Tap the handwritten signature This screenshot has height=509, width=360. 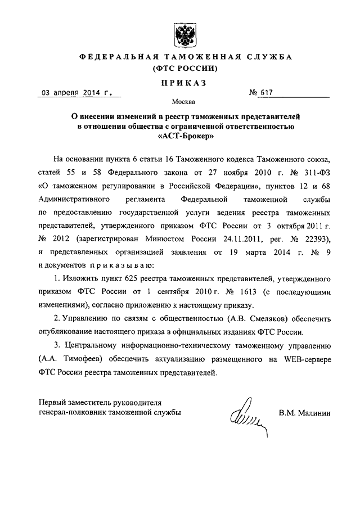click(x=245, y=416)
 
